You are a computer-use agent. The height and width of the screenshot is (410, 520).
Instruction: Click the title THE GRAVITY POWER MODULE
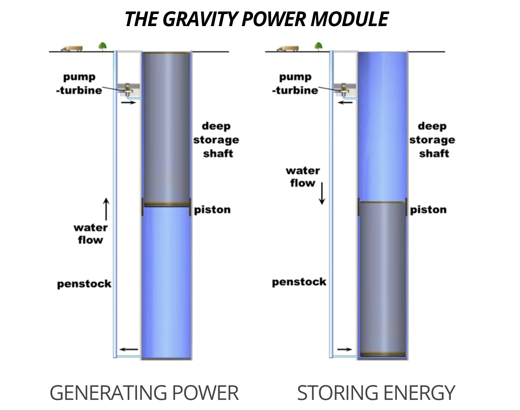pos(256,19)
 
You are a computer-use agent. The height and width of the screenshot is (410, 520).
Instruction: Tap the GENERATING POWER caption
pos(144,393)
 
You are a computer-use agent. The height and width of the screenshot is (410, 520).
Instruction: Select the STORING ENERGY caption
pos(376,393)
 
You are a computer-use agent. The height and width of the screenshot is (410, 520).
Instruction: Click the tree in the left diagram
pos(103,46)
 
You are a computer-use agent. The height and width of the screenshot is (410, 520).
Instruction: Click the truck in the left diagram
pos(72,49)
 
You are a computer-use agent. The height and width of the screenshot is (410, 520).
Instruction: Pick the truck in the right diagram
pos(288,49)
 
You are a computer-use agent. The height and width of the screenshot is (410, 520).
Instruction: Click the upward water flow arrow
pos(106,209)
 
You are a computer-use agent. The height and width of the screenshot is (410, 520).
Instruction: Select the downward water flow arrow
pos(322,193)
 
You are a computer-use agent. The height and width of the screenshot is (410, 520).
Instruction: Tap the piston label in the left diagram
pos(212,210)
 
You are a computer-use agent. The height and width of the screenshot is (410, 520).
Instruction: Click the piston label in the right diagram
pos(428,210)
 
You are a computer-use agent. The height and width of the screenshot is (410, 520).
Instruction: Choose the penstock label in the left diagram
pos(84,284)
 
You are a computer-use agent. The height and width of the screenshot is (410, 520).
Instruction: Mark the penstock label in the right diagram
pos(299,282)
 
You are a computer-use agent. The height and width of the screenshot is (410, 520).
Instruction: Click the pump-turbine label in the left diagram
pos(79,84)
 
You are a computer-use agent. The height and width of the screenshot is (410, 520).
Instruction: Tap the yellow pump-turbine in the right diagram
pos(343,91)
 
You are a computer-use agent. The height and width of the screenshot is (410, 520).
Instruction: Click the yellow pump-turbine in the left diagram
pos(128,91)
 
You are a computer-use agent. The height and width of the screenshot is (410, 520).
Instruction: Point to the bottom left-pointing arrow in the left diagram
pos(129,349)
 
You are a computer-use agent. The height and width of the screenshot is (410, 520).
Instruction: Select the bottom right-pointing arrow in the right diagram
pos(345,349)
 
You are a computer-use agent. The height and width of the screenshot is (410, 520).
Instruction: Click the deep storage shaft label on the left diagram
pos(216,140)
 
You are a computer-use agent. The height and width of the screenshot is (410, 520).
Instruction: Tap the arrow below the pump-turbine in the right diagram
pos(345,103)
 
